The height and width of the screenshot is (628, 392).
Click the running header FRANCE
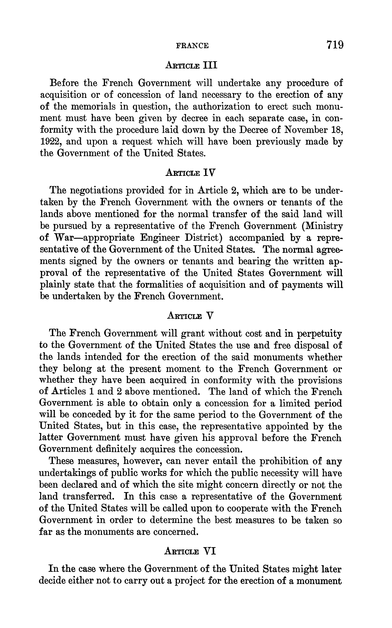(192, 46)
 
